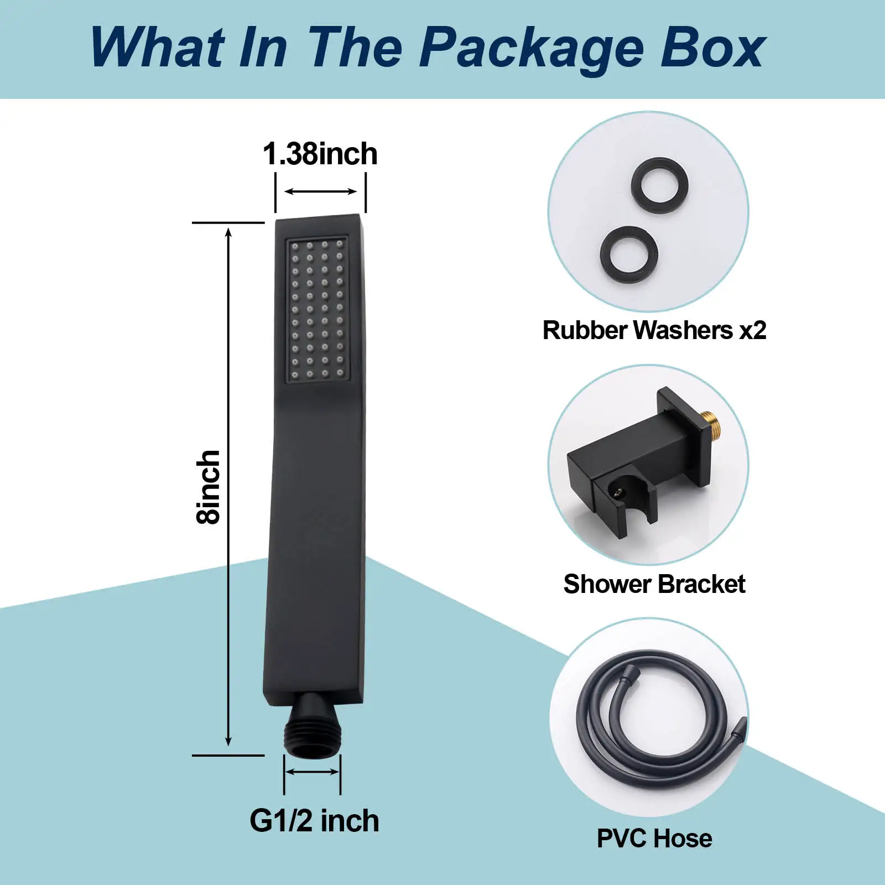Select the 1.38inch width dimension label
click(x=320, y=154)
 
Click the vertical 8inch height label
click(x=209, y=487)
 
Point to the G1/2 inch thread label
click(x=314, y=821)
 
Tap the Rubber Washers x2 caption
click(x=654, y=330)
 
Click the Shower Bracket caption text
click(x=654, y=584)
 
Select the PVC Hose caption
click(x=654, y=839)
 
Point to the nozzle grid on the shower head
click(x=317, y=309)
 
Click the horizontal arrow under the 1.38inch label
click(x=320, y=191)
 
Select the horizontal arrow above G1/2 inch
click(x=312, y=772)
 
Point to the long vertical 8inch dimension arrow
click(x=228, y=487)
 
